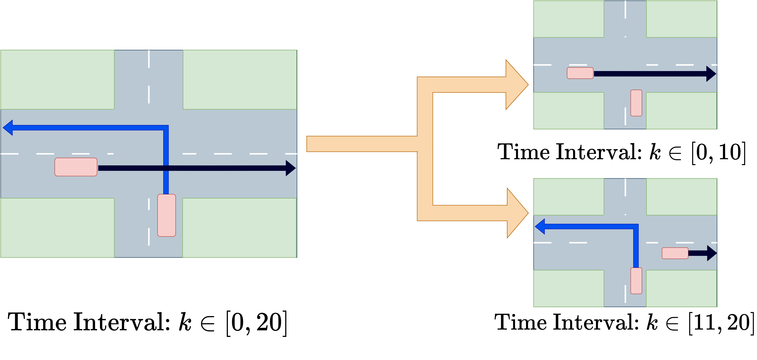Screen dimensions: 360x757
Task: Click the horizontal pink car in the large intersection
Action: point(76,167)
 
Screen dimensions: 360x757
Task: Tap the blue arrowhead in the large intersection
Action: point(8,128)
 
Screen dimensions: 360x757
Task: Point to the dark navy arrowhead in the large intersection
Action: point(290,168)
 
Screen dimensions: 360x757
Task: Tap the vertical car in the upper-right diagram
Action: point(636,103)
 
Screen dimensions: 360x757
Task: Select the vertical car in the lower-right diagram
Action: point(636,281)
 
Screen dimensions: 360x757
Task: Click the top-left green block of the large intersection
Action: point(57,80)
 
